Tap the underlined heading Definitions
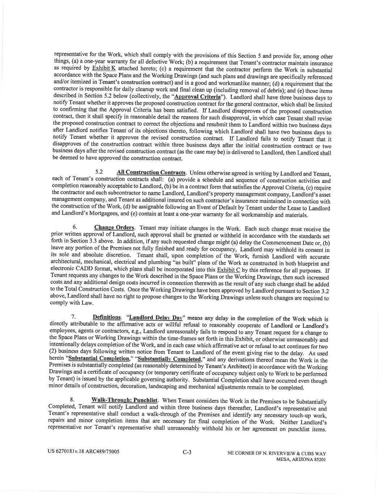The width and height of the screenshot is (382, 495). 107,317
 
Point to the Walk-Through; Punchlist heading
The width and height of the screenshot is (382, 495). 125,400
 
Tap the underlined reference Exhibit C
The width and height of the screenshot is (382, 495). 228,270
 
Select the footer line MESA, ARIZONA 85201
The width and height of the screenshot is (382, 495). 301,459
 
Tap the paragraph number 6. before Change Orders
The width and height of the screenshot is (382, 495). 75,227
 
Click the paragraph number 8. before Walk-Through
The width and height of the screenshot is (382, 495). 72,400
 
